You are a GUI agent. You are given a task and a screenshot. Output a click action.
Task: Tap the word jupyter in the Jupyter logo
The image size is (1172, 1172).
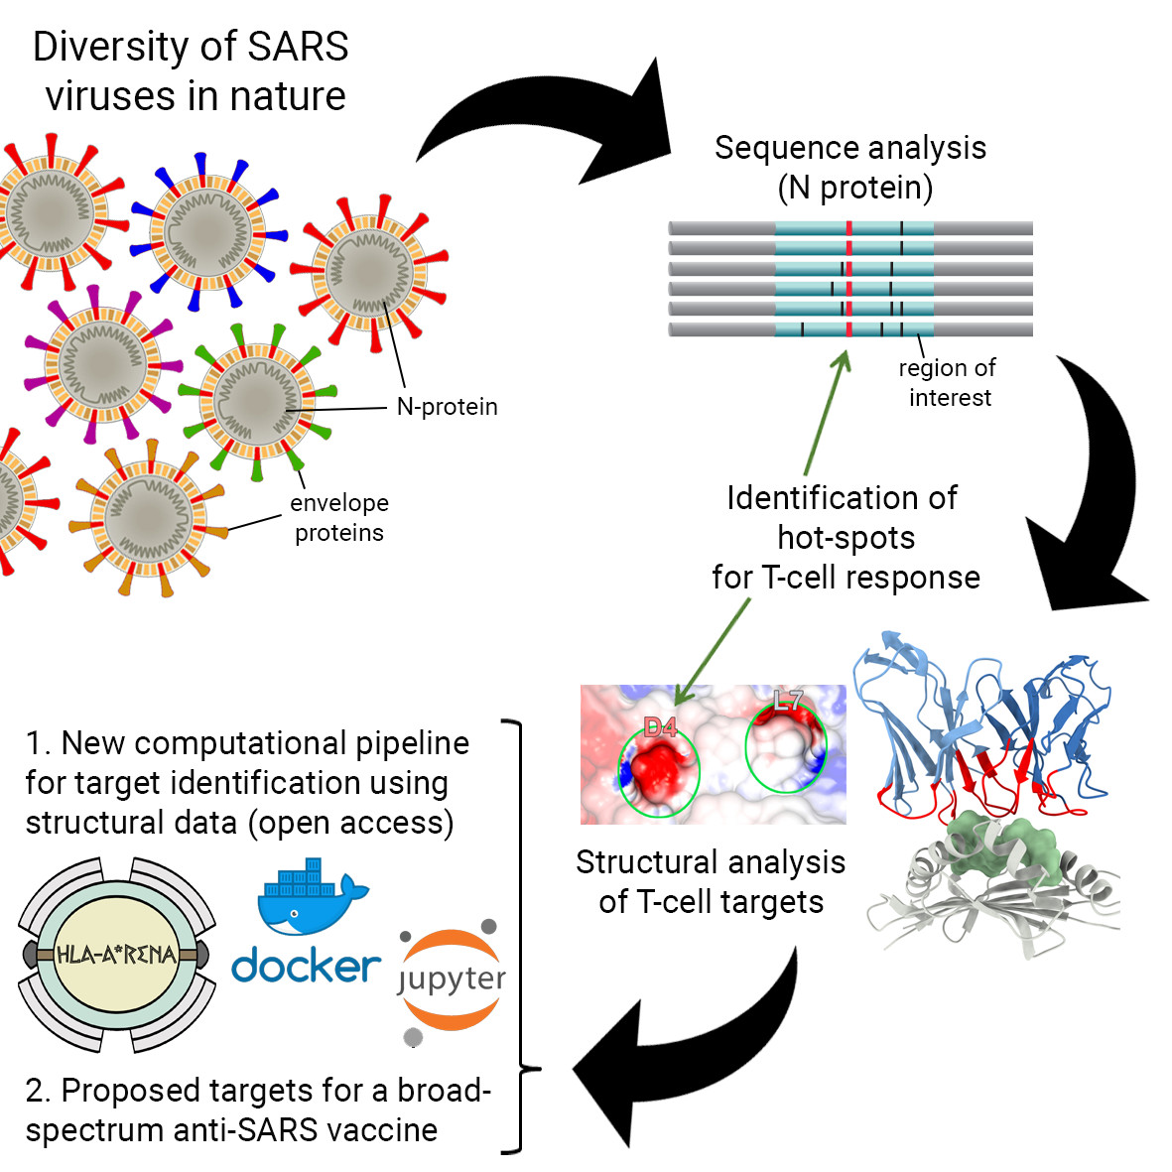tap(452, 979)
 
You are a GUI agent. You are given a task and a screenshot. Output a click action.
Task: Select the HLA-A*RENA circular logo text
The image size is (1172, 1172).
tap(116, 955)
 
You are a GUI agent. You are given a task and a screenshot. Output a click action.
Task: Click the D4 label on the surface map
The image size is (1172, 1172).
tap(660, 728)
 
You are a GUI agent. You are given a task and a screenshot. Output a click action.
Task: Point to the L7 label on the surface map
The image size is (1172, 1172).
tap(788, 701)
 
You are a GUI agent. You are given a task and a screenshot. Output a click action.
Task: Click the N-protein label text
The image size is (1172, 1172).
tap(447, 407)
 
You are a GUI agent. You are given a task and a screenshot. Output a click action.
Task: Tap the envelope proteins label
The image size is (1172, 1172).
tap(339, 518)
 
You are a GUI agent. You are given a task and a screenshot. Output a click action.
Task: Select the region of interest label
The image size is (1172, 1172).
tap(948, 383)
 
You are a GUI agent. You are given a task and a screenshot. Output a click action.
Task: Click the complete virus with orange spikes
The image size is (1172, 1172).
tap(149, 516)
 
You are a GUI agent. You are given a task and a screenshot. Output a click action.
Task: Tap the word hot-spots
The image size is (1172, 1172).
tap(846, 538)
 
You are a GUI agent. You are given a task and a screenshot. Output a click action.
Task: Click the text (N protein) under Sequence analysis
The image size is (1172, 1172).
tap(854, 188)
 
